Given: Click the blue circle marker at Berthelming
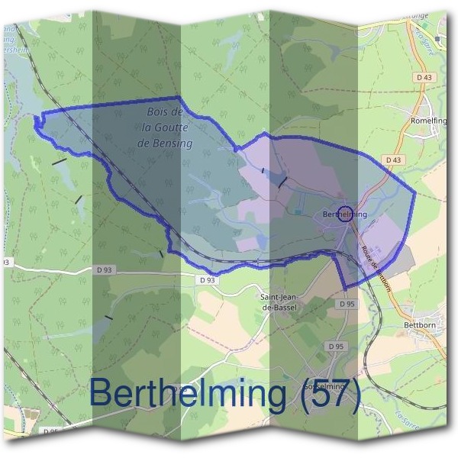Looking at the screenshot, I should [345, 212].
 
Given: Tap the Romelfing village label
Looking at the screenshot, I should [431, 121].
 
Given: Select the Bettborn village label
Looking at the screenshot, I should [418, 324].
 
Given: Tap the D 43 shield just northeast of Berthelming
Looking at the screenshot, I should [394, 160].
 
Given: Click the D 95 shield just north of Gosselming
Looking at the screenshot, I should [336, 346].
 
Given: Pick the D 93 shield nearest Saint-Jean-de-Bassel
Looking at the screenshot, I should [208, 280].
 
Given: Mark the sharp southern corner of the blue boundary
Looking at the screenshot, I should [345, 288].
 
